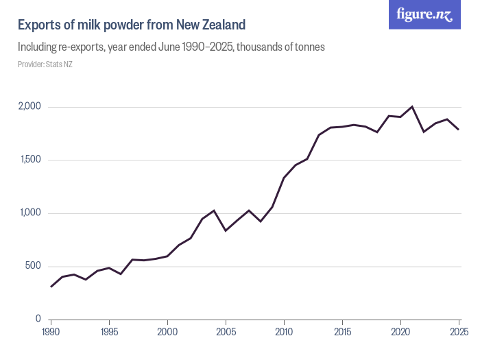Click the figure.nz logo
tap(424, 15)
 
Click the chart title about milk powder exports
tap(131, 25)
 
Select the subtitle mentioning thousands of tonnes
tap(171, 47)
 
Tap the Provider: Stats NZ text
tap(45, 64)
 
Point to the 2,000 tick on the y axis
tap(29, 107)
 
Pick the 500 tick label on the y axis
tap(34, 267)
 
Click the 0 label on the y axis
tap(39, 320)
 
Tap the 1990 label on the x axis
tap(51, 333)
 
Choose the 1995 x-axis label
tap(109, 333)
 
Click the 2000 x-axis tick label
tap(167, 333)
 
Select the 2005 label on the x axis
tap(226, 333)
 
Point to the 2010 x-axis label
tap(284, 333)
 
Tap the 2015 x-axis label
tap(342, 333)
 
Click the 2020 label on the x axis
tap(400, 333)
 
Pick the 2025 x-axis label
tap(458, 333)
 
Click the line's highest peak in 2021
tap(412, 106)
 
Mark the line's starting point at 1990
tap(51, 287)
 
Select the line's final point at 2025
tap(459, 130)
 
